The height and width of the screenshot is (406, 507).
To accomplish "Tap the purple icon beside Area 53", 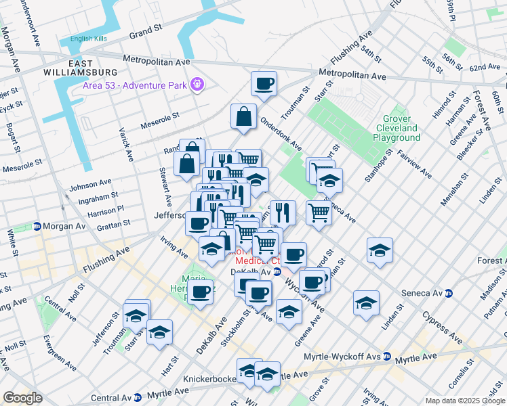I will pos(197,84).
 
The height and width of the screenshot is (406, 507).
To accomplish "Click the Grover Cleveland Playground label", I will pos(397,128).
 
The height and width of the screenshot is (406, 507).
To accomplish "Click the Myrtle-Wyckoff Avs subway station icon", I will pos(386,356).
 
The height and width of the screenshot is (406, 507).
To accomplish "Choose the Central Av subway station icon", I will pos(138,397).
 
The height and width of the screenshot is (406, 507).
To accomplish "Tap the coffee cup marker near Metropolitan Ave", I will pos(264,84).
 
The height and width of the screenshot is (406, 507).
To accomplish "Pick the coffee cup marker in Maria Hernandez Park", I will pos(200,292).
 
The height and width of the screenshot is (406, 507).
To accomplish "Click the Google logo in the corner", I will pos(22,398).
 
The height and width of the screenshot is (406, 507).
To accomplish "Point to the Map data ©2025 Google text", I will pos(465,401).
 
